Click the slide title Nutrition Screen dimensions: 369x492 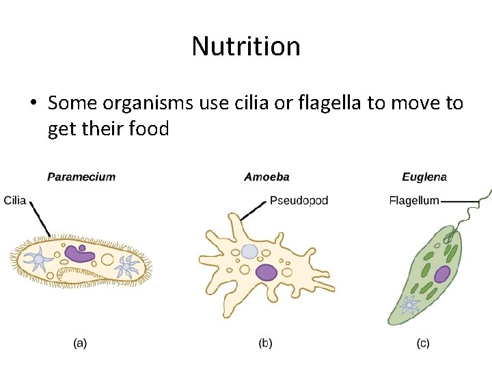point(246,46)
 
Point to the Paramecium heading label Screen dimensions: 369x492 point(81,177)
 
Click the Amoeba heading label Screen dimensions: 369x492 point(266,177)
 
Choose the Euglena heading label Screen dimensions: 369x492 point(424,177)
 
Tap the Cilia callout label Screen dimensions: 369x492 point(15,200)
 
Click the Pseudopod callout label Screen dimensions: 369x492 point(299,200)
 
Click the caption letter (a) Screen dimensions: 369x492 point(80,343)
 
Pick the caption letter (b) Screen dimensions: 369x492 point(266,343)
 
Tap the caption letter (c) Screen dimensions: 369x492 point(423,343)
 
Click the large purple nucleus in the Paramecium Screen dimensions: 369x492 point(79,255)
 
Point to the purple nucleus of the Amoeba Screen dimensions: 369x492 point(266,273)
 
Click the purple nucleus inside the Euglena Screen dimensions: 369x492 point(442,275)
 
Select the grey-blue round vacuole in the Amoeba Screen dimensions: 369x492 point(250,251)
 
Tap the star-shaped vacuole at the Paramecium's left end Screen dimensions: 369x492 point(37,260)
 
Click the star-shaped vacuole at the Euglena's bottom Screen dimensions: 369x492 point(410,304)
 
